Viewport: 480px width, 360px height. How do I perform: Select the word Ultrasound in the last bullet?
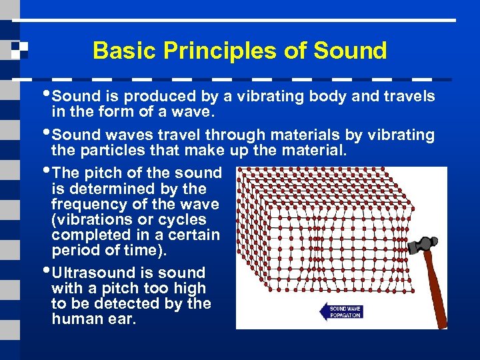point(95,273)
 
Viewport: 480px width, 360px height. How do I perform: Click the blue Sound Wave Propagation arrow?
point(341,311)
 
